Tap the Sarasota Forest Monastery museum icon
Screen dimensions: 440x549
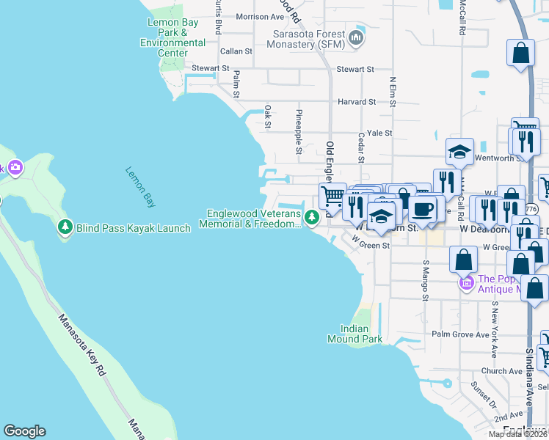357,37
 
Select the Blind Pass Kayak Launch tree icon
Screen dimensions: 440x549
65,227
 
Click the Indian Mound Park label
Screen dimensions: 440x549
361,334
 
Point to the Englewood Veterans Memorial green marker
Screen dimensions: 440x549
312,217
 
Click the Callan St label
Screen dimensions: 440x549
236,51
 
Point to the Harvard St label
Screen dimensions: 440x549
356,101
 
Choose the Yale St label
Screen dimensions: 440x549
379,133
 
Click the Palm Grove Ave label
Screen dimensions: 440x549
460,334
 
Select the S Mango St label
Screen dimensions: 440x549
425,279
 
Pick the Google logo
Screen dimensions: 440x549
24,431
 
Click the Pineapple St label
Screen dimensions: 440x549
299,132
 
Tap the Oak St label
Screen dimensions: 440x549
268,117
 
